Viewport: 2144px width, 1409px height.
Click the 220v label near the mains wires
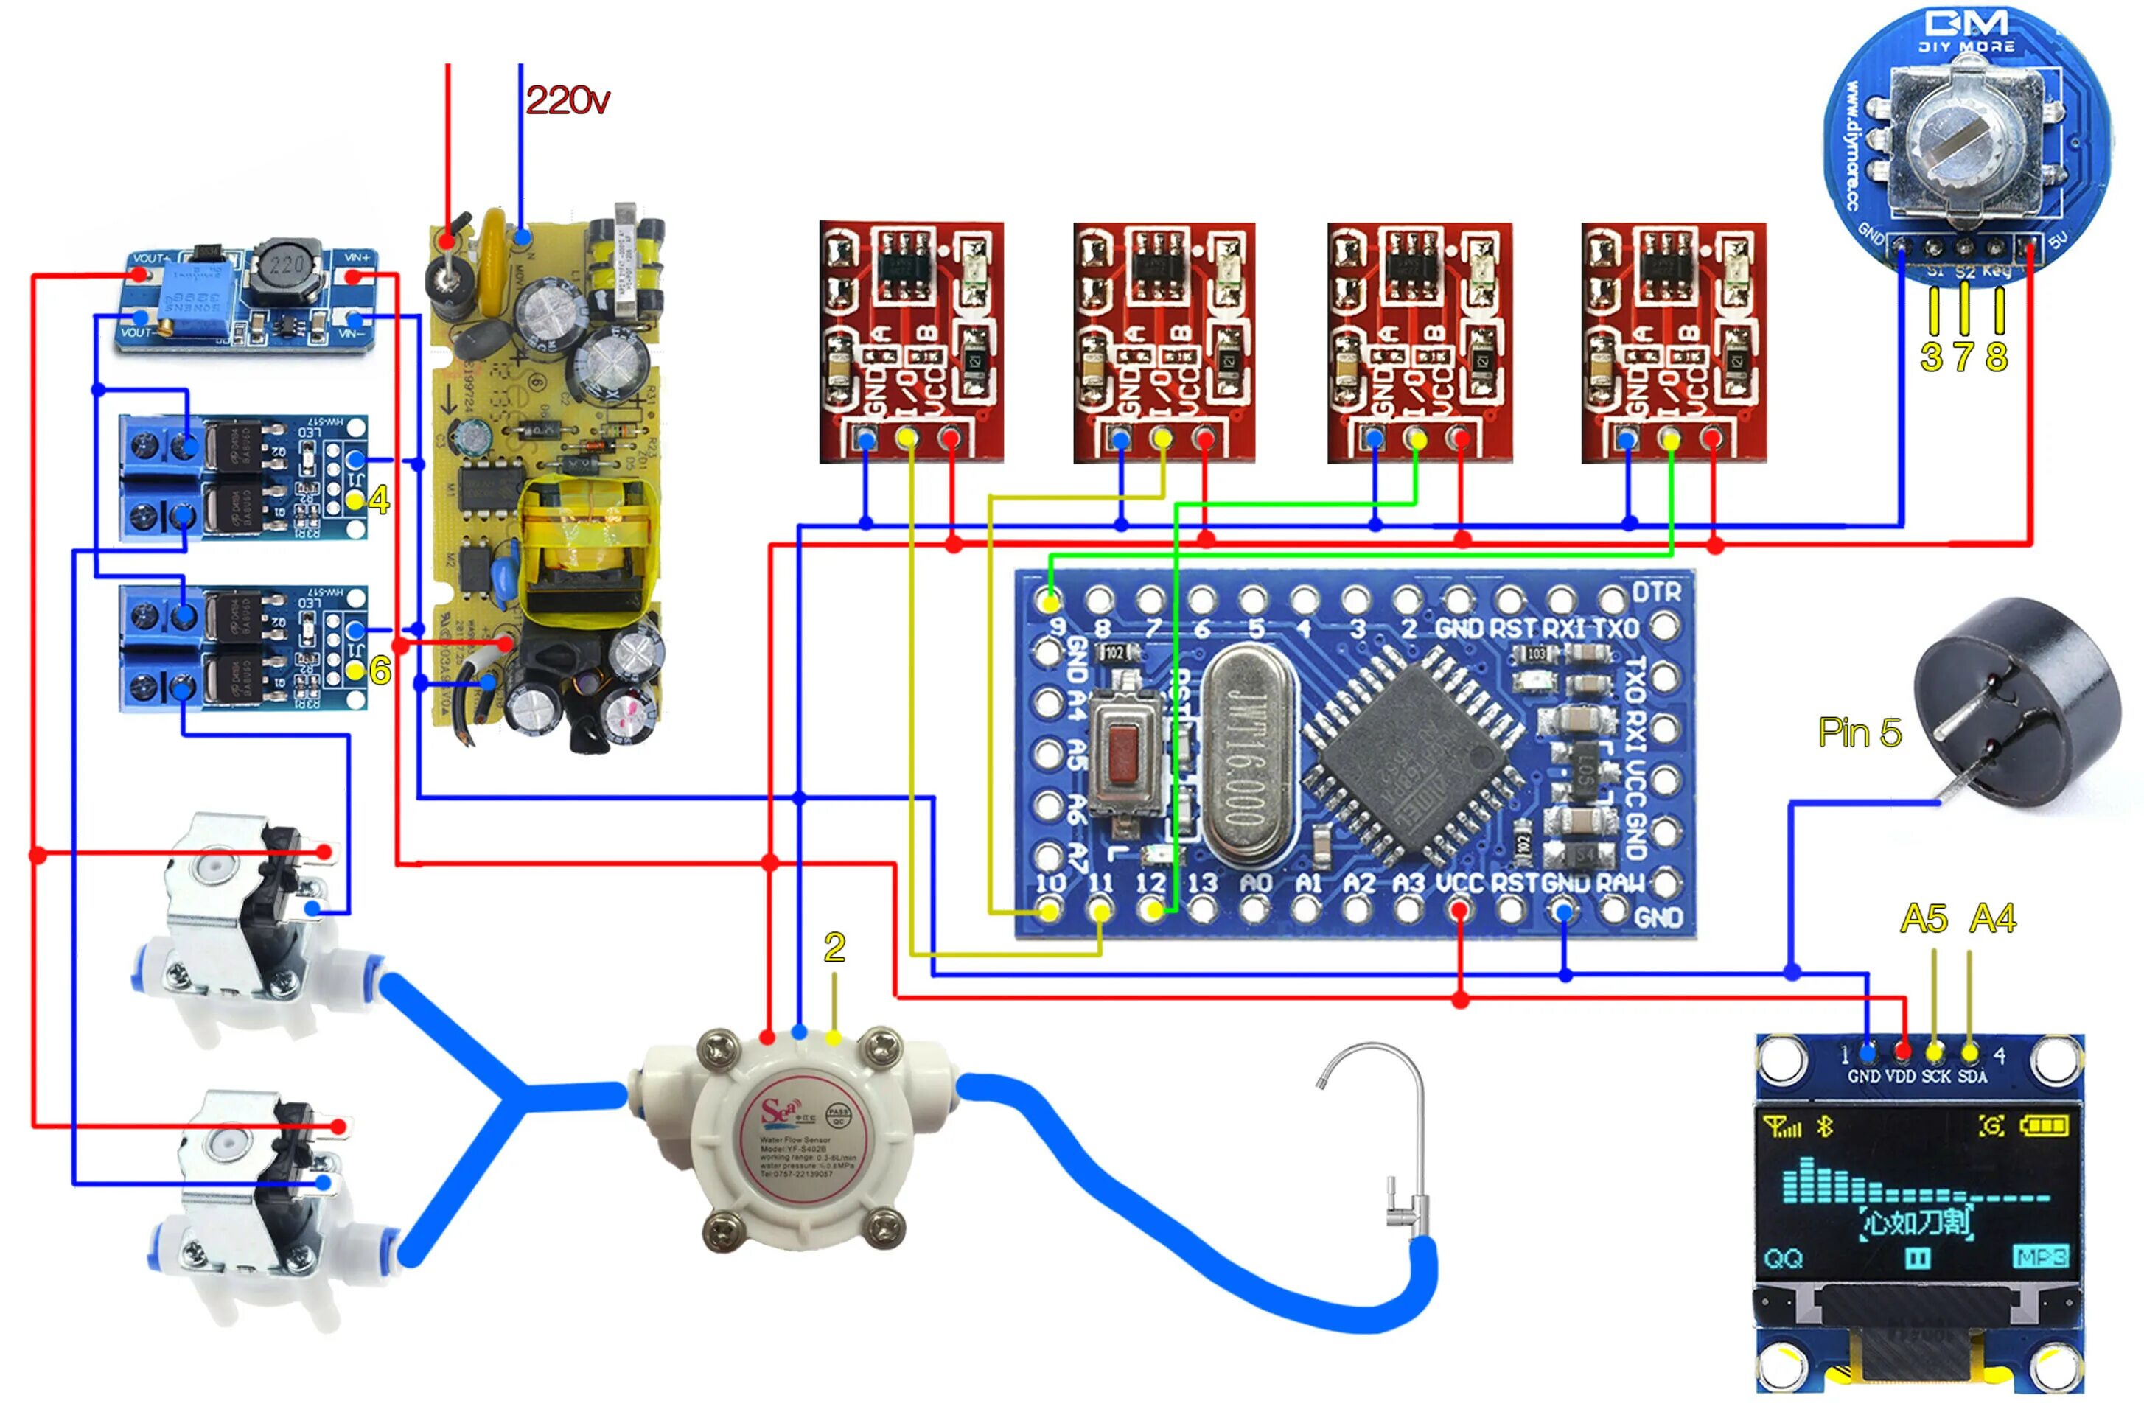[x=567, y=100]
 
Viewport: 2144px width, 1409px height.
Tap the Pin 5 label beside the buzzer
[x=1859, y=733]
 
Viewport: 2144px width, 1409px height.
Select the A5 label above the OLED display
[x=1924, y=919]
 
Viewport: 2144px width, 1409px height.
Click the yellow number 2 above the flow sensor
[x=834, y=947]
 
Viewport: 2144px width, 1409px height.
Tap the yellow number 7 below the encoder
[x=1964, y=357]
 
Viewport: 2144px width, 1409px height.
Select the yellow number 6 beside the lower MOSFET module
[x=380, y=671]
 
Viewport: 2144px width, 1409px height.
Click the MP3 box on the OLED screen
[x=2039, y=1256]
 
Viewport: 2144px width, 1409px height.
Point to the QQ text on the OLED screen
[x=1784, y=1259]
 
